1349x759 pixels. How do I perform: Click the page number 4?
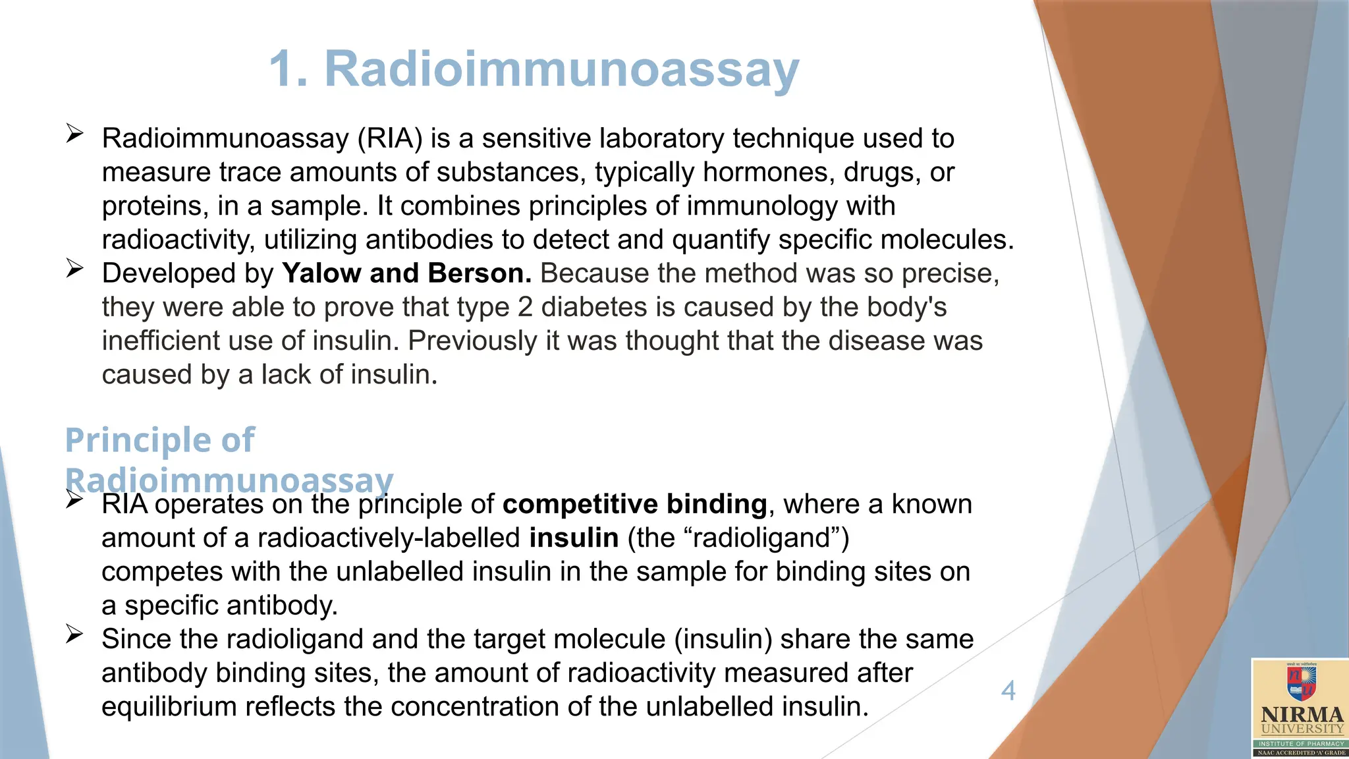[x=1008, y=690]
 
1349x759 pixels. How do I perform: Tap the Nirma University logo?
[x=1300, y=707]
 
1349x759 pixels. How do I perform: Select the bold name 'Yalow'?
[x=321, y=273]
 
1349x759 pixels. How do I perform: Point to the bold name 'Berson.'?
[x=480, y=273]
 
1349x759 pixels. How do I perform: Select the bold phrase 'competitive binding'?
[x=634, y=504]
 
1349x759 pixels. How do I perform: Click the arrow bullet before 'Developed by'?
[x=74, y=269]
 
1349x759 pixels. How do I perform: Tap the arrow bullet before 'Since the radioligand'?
[x=74, y=634]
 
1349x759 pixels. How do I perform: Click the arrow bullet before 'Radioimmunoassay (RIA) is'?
[x=74, y=134]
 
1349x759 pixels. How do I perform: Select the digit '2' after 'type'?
[x=525, y=307]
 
